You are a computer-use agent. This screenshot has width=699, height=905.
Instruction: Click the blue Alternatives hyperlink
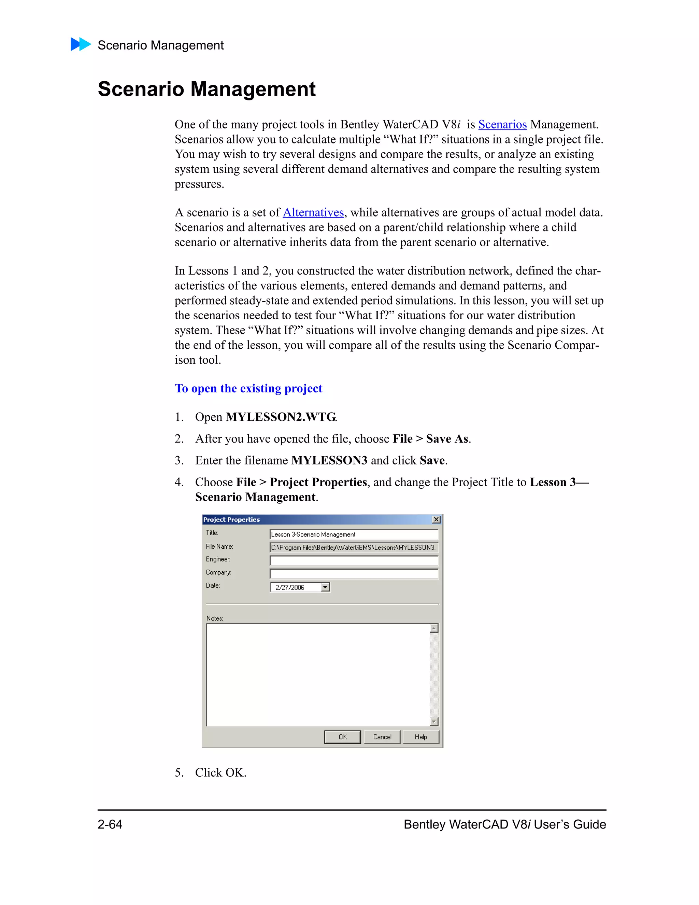(313, 212)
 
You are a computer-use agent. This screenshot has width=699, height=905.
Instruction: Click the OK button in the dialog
(342, 737)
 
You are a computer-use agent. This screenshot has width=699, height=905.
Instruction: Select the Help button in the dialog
(421, 737)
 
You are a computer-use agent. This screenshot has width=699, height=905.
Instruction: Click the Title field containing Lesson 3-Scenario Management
(354, 534)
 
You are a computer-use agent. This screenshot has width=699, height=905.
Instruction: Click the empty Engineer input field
(354, 561)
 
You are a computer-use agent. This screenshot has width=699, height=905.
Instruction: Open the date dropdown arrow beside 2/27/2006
(325, 587)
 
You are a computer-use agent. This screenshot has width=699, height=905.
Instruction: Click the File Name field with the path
(354, 547)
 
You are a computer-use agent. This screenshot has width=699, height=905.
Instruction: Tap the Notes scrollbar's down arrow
(433, 721)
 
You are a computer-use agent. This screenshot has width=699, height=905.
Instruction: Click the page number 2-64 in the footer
(110, 824)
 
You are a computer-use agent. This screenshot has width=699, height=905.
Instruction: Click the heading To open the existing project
(248, 388)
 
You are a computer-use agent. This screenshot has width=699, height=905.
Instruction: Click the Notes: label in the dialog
(214, 618)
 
